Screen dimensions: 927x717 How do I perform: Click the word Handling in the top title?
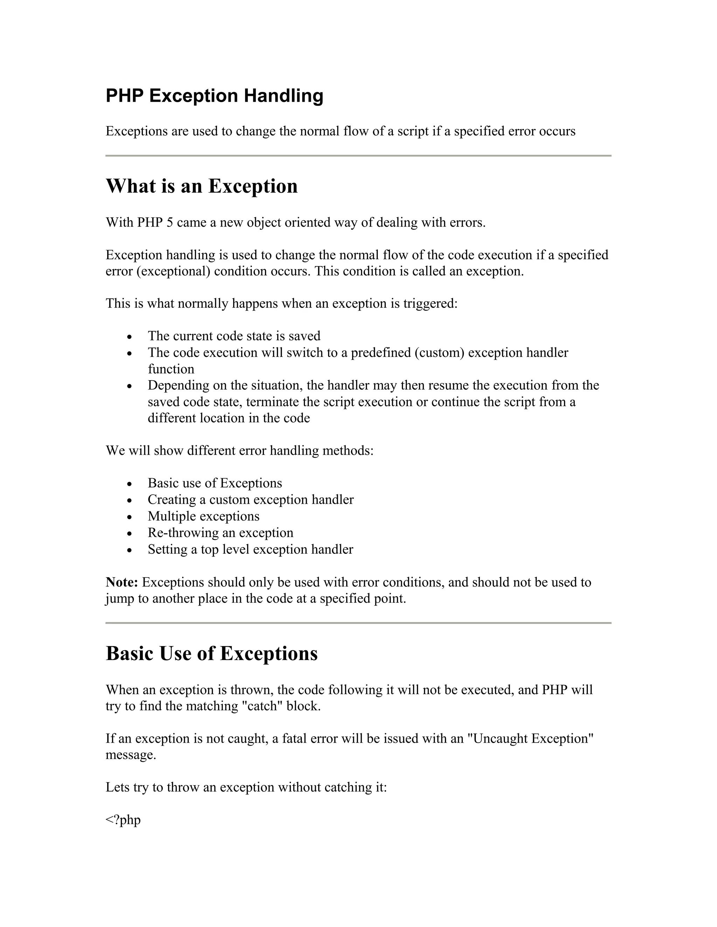[283, 96]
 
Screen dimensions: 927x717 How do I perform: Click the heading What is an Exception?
[201, 186]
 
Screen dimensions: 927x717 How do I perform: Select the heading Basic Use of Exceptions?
[211, 653]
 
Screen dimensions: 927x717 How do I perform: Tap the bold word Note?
[121, 582]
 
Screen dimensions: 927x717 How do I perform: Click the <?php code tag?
[123, 820]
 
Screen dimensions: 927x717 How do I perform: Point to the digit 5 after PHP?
[169, 222]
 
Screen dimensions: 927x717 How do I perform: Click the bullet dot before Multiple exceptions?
[130, 517]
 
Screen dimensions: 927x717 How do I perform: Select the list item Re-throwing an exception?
[221, 533]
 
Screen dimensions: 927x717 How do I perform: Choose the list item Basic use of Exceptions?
[215, 483]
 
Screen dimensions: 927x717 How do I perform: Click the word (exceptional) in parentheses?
[173, 271]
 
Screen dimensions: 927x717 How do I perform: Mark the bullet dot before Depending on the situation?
[130, 386]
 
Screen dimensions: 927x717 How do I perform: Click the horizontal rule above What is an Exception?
[358, 156]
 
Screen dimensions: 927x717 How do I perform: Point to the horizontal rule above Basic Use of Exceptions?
[358, 623]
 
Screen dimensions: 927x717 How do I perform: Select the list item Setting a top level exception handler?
[250, 549]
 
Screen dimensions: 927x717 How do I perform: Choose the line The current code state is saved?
[234, 336]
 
